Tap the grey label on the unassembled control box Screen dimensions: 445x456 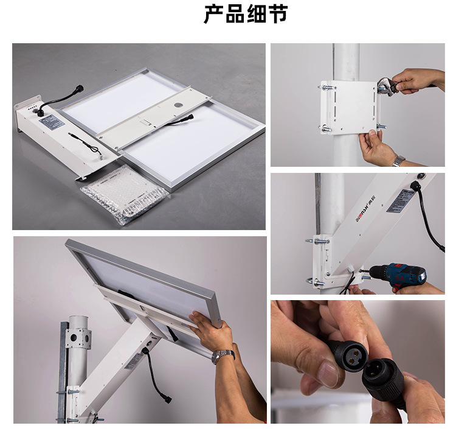pos(52,121)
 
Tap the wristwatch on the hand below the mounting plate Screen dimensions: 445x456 pos(398,161)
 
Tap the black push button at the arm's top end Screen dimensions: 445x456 pos(416,184)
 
